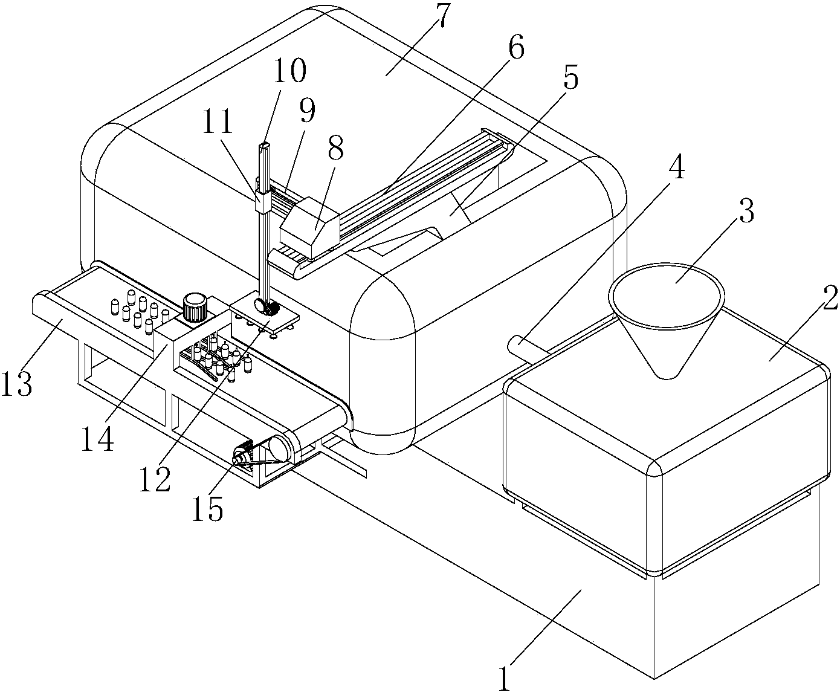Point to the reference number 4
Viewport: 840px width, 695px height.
coord(676,166)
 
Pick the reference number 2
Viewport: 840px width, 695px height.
coord(829,297)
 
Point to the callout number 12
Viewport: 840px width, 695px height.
coord(155,479)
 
